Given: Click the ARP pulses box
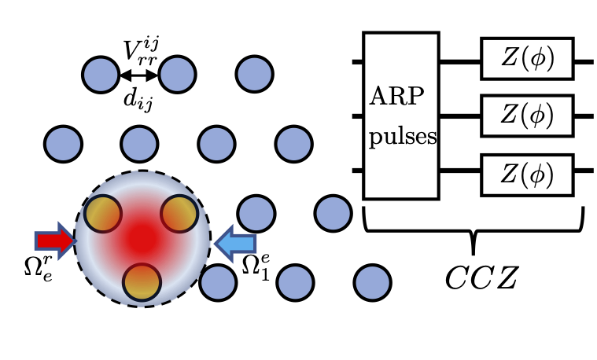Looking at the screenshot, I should tap(400, 116).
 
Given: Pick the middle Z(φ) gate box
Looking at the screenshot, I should tap(526, 116).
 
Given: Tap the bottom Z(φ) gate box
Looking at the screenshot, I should tap(526, 171).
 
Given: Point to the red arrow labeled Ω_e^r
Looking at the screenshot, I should tap(53, 239).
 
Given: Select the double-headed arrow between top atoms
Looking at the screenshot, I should tap(139, 75).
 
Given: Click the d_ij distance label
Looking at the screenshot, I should tap(139, 97).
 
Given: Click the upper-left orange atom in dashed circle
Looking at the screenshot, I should tap(103, 212).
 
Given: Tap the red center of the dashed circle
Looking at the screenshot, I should tap(142, 236).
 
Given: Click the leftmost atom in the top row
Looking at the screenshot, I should tap(101, 75).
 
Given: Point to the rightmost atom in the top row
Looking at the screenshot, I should tap(256, 75).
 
